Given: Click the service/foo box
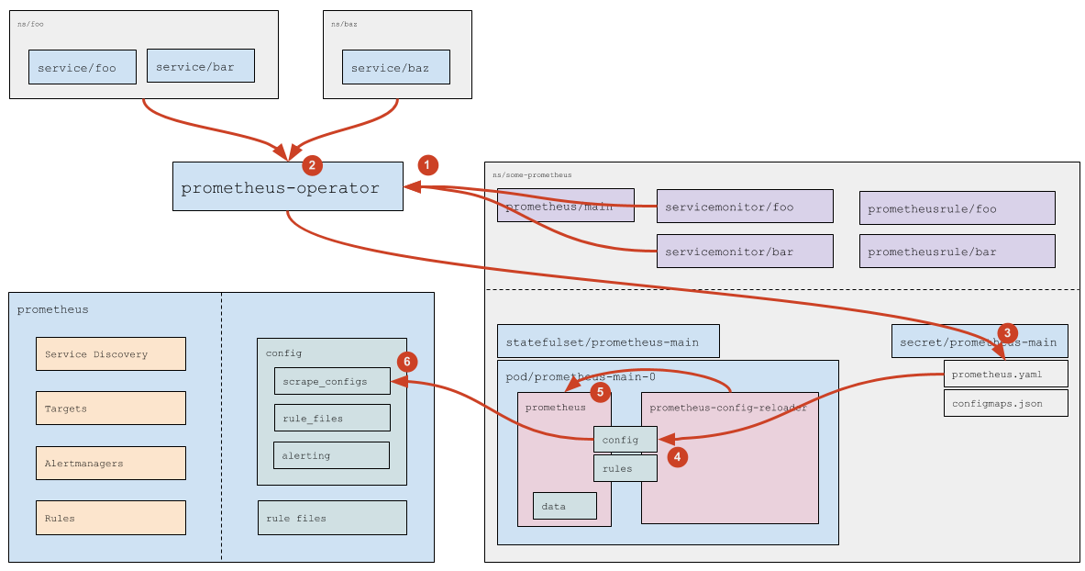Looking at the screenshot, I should point(83,68).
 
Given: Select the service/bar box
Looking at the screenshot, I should point(201,66).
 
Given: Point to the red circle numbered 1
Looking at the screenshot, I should point(427,165).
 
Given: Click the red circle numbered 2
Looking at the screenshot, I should point(313,165).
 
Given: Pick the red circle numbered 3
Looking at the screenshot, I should point(1007,332).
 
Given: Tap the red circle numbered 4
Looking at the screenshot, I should point(677,455).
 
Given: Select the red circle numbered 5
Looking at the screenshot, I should point(600,392).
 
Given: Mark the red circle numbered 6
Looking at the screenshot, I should point(407,361).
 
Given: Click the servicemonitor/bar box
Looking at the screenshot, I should point(745,251).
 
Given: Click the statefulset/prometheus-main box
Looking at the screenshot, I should point(608,341).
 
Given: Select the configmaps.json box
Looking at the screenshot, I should point(1005,403).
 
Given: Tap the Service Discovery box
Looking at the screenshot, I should point(110,353).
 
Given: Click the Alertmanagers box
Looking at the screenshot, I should point(110,463).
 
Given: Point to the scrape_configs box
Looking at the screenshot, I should point(332,381).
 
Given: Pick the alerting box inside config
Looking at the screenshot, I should point(331,455).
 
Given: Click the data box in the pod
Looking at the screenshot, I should point(565,506).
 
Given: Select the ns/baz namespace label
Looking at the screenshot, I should point(344,24).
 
